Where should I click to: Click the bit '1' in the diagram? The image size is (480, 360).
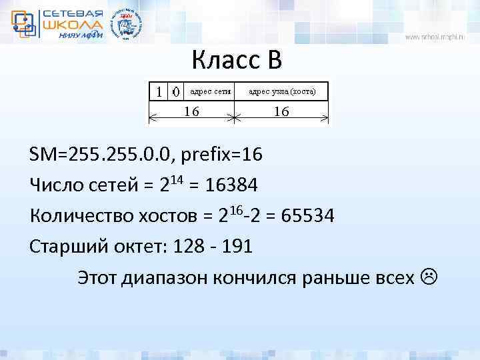(x=158, y=90)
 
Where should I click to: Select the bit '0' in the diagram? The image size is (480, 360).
(x=175, y=91)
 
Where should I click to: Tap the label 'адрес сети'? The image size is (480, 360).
(x=210, y=91)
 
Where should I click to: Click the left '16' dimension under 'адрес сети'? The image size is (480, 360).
(x=191, y=112)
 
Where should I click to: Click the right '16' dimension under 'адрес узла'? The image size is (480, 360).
(x=281, y=112)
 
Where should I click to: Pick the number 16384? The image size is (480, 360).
(x=232, y=185)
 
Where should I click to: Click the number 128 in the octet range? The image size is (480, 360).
(x=188, y=246)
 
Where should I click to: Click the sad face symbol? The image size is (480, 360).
(x=429, y=276)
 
